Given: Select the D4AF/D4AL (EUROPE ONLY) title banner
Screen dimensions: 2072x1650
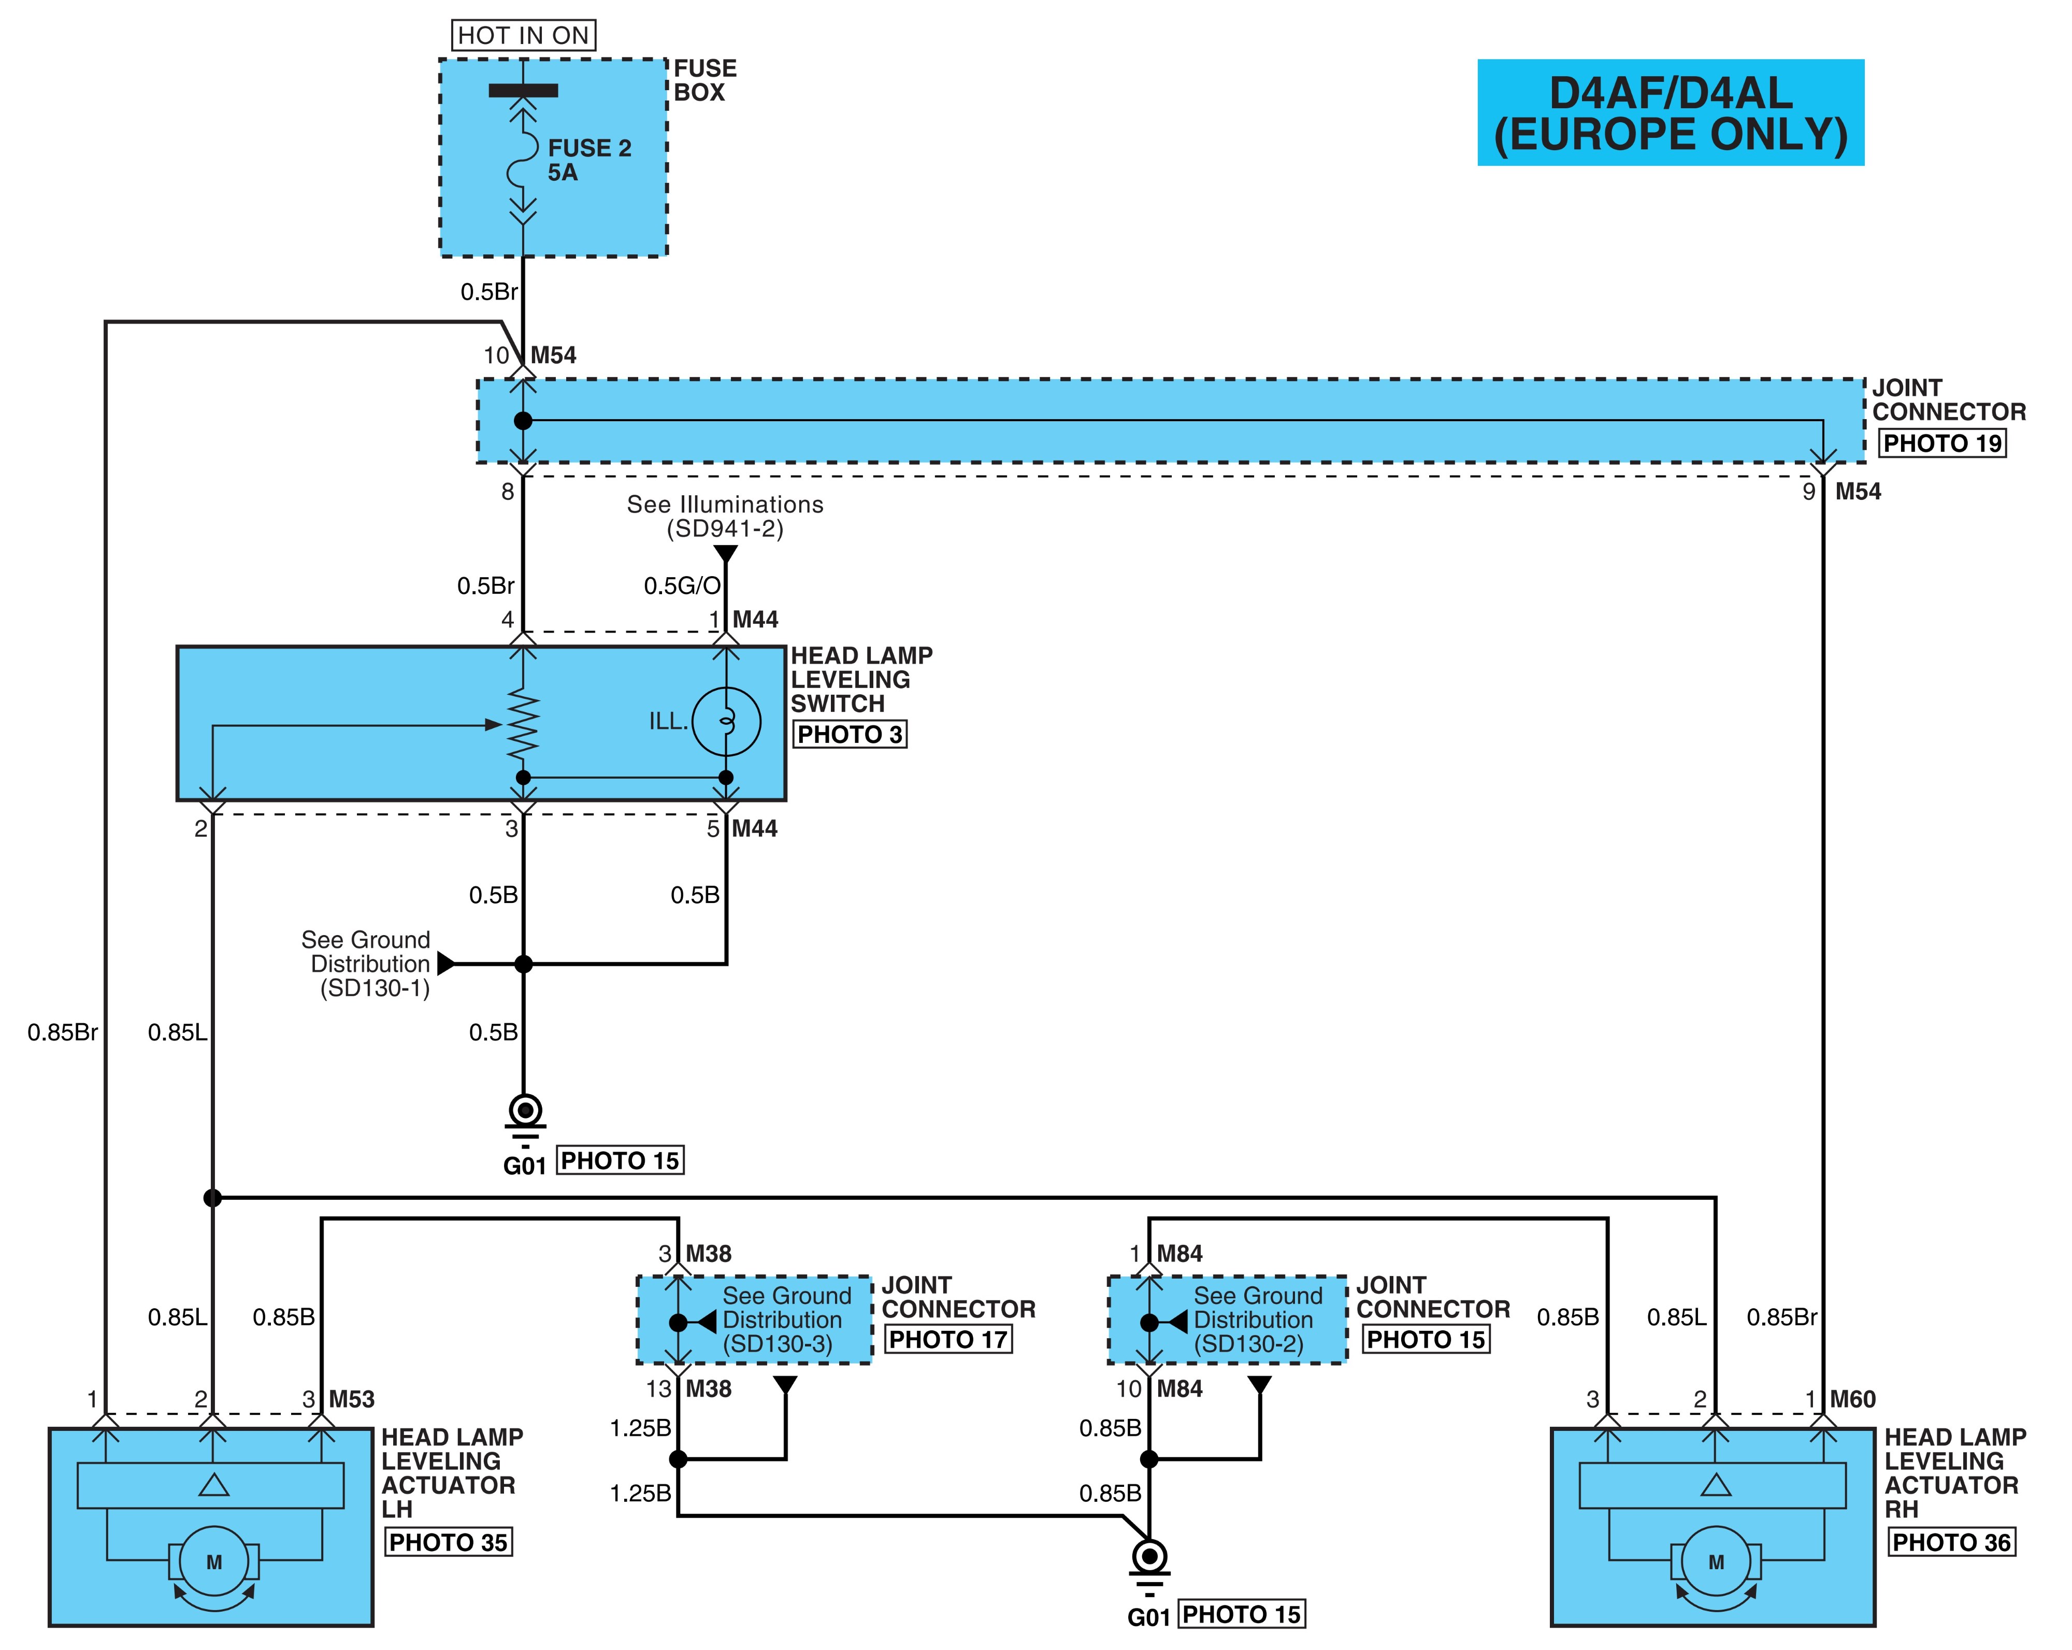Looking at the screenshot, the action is tap(1670, 112).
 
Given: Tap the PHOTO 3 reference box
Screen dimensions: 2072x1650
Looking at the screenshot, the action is tap(850, 734).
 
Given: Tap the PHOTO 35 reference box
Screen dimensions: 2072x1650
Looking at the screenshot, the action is tap(448, 1542).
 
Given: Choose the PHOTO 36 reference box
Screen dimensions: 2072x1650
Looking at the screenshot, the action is tap(1951, 1542).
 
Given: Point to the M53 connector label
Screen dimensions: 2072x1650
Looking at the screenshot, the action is tap(352, 1399).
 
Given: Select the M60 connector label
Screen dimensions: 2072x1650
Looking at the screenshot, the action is tap(1853, 1399).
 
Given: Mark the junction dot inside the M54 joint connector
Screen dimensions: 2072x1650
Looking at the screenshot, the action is tap(523, 421).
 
